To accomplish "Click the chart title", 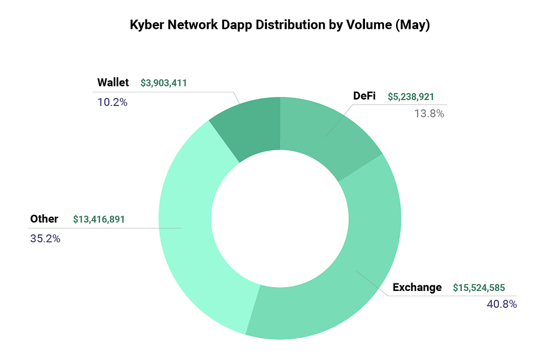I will click(280, 26).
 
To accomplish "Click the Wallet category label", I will click(113, 83).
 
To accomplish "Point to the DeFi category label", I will click(364, 96).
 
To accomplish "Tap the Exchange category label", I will click(417, 287).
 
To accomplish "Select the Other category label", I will click(44, 219).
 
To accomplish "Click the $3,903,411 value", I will click(164, 83).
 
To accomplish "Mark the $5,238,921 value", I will click(411, 97).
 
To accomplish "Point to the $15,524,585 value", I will click(482, 288).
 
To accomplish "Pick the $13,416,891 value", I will click(99, 220).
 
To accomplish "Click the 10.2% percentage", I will click(113, 102).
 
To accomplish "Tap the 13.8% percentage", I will click(429, 114).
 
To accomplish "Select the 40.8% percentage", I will click(502, 304).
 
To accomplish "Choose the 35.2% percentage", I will click(45, 238).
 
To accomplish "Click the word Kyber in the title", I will click(145, 26).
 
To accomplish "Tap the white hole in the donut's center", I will click(280, 218).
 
